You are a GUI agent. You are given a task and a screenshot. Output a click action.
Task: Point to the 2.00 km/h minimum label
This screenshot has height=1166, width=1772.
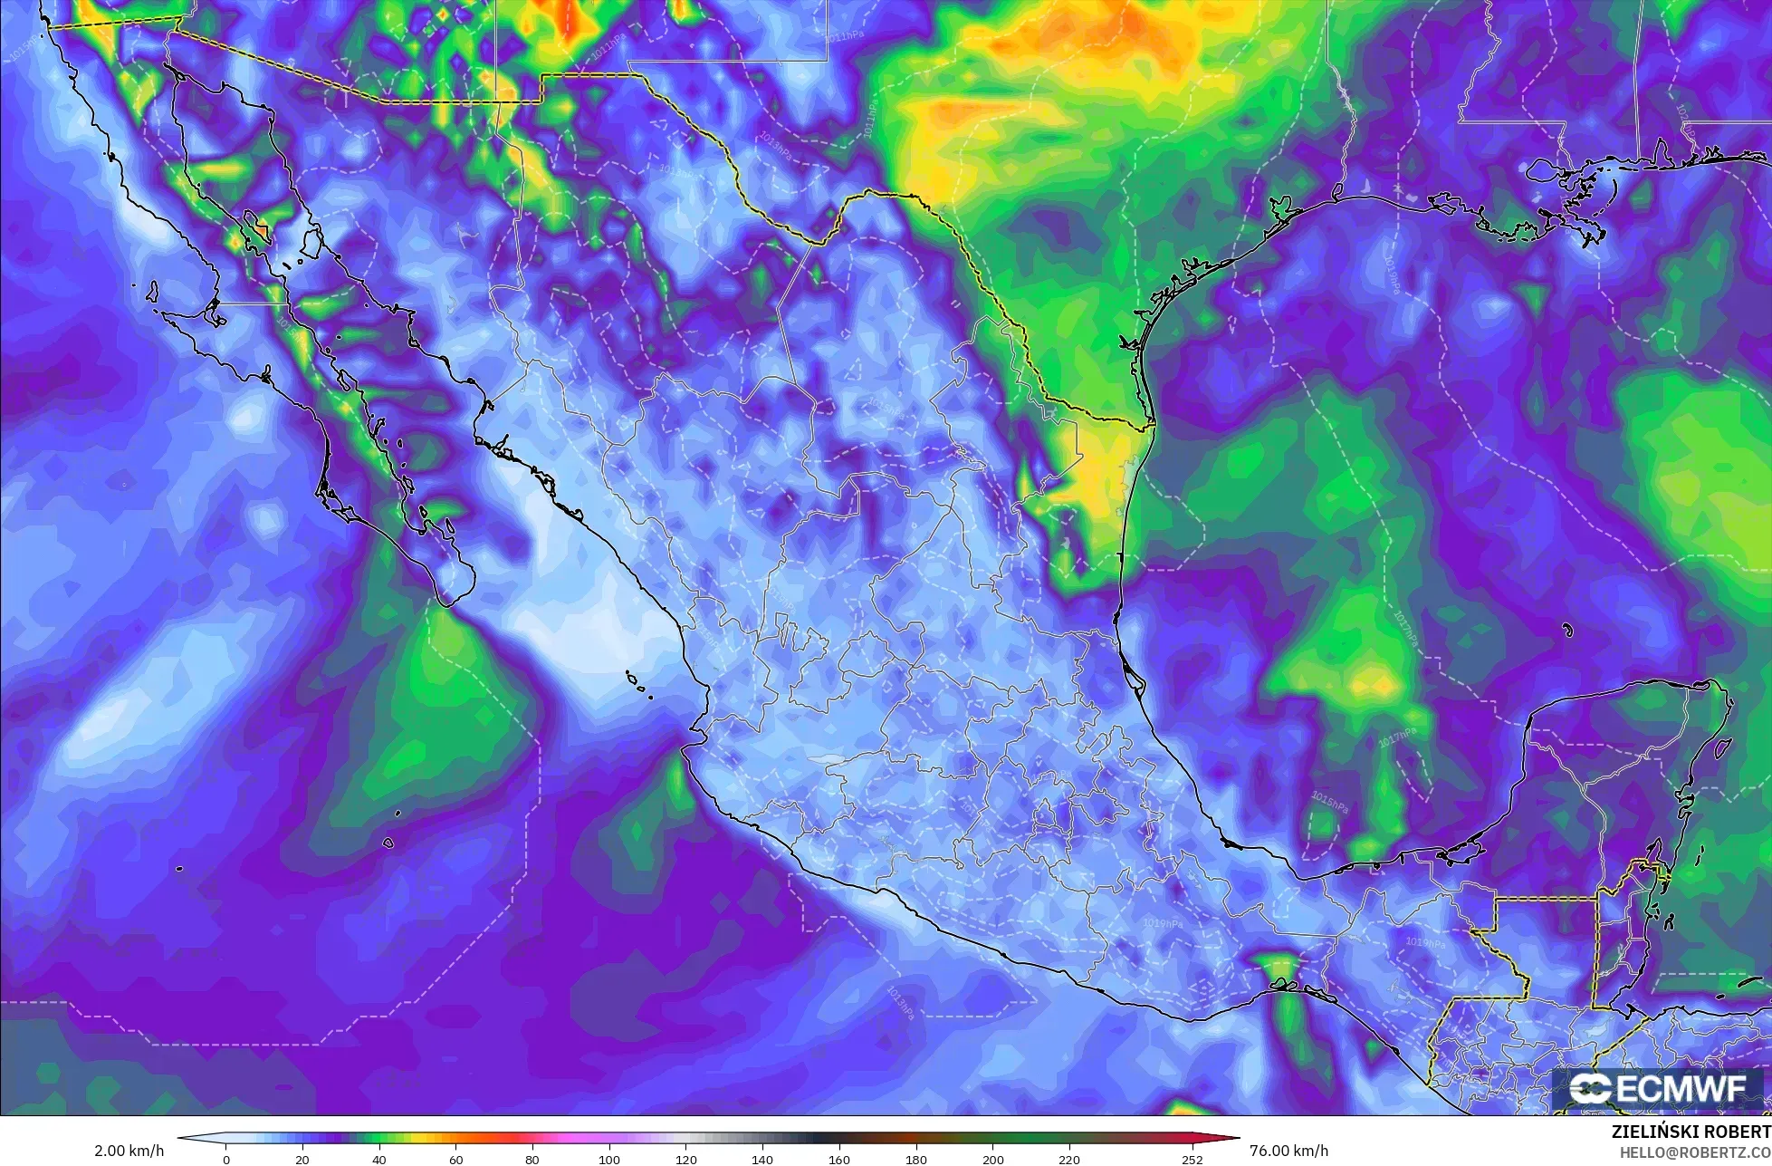tap(129, 1151)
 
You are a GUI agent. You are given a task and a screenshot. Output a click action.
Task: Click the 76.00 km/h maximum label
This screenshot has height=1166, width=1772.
tap(1288, 1151)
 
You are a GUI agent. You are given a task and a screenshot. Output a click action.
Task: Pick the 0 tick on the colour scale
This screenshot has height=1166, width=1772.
tap(226, 1159)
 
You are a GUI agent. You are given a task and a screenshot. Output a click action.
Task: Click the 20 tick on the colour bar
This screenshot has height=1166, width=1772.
tap(302, 1159)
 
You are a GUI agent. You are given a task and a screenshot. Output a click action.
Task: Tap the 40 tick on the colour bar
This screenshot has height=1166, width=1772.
tap(379, 1159)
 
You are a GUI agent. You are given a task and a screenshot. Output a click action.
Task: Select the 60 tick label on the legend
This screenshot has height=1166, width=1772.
tap(456, 1159)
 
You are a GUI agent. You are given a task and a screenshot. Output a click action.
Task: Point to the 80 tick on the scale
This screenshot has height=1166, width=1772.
tap(532, 1159)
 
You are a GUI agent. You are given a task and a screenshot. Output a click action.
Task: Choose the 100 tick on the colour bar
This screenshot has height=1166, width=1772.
tap(609, 1159)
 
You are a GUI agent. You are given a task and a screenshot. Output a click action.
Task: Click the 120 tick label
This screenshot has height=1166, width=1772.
tap(685, 1159)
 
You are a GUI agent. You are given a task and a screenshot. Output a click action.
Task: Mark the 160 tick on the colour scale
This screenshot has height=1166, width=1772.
tap(839, 1159)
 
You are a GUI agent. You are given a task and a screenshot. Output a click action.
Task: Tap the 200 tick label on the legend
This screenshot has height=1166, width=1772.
tap(992, 1159)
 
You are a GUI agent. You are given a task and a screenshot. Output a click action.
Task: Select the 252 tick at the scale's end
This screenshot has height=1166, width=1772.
tap(1192, 1159)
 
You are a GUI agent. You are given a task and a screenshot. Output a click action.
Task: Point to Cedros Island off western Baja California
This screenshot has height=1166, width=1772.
tap(152, 293)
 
